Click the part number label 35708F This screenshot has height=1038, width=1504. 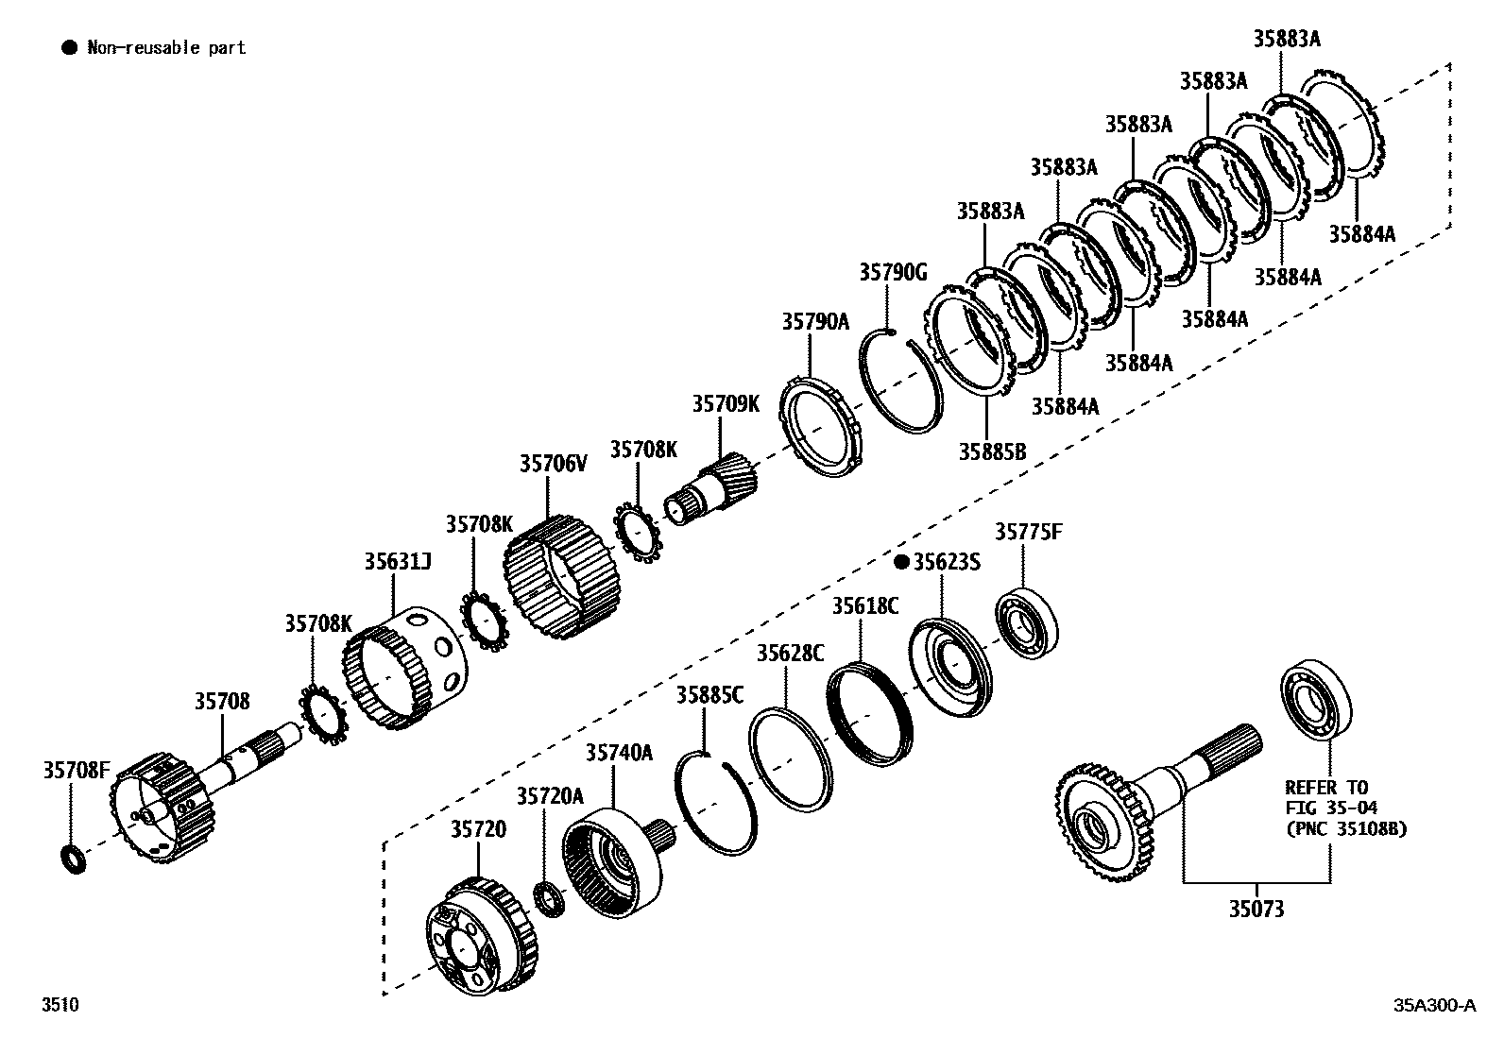[77, 770]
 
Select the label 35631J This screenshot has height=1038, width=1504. [398, 562]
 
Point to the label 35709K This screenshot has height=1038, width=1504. [726, 404]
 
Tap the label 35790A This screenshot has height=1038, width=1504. [815, 322]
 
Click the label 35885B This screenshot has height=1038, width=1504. [992, 451]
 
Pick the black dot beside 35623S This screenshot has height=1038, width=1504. [901, 562]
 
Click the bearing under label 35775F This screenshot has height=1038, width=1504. [1027, 623]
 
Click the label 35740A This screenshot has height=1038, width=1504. [619, 752]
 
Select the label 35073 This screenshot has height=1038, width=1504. [1256, 909]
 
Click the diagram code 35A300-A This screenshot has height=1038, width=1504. [1433, 1004]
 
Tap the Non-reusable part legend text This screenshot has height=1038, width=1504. [166, 47]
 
